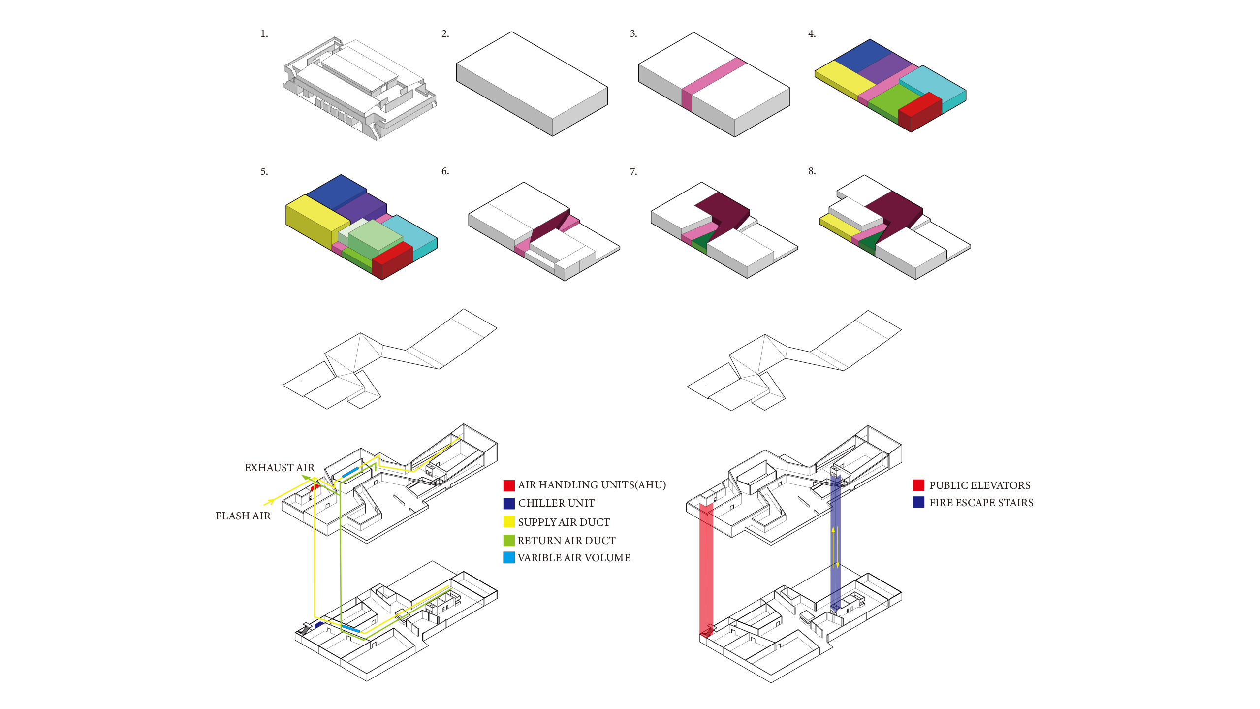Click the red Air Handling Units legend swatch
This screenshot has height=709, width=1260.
[509, 485]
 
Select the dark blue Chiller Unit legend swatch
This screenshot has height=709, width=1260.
[509, 503]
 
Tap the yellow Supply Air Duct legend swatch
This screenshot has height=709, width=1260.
[509, 522]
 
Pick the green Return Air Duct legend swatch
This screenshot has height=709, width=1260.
[509, 540]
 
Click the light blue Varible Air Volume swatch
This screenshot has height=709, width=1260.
[509, 558]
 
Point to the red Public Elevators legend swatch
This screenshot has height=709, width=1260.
[918, 485]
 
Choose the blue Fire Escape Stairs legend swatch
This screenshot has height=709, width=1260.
[918, 502]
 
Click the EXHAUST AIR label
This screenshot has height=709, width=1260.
[279, 468]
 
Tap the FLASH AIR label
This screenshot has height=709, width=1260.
[243, 516]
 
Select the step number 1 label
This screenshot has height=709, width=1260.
[264, 34]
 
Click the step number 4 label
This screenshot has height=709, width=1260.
[812, 34]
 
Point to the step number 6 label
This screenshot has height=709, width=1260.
[445, 171]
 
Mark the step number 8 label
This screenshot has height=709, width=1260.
[812, 171]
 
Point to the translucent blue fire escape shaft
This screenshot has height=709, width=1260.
[835, 542]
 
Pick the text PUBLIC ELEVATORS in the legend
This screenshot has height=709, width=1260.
[979, 485]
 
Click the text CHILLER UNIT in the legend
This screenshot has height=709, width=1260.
[556, 503]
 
